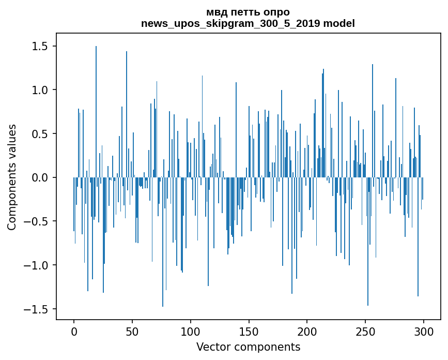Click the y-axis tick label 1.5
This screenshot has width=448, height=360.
pyautogui.click(x=39, y=47)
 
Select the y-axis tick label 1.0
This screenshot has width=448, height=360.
pyautogui.click(x=39, y=90)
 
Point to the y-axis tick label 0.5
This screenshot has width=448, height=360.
pyautogui.click(x=39, y=134)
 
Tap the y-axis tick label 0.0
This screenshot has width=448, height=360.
pyautogui.click(x=39, y=177)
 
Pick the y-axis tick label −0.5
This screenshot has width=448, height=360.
pyautogui.click(x=36, y=221)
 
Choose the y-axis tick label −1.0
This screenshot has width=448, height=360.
pyautogui.click(x=36, y=265)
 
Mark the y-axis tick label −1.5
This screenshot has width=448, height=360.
pyautogui.click(x=36, y=309)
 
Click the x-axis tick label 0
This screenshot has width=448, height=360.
pyautogui.click(x=74, y=332)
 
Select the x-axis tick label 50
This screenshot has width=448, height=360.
pyautogui.click(x=132, y=332)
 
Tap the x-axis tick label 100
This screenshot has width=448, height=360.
pyautogui.click(x=190, y=332)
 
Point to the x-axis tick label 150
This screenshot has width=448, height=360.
pyautogui.click(x=249, y=332)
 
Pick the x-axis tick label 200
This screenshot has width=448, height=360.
pyautogui.click(x=307, y=332)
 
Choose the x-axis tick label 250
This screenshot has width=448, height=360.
pyautogui.click(x=365, y=332)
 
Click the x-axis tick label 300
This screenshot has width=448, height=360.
pyautogui.click(x=423, y=332)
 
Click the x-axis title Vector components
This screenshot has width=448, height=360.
pyautogui.click(x=248, y=347)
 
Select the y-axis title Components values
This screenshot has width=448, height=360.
pyautogui.click(x=12, y=177)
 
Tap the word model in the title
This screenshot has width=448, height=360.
pyautogui.click(x=339, y=23)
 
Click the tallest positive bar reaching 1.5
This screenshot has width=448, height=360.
pyautogui.click(x=96, y=112)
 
